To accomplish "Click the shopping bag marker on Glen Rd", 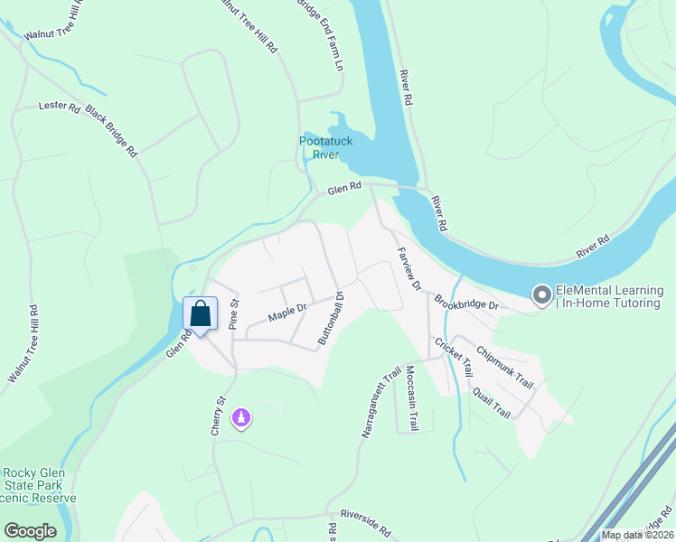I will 201,314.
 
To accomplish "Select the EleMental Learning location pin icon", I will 542,295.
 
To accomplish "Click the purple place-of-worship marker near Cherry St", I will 241,417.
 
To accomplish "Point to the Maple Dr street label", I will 288,313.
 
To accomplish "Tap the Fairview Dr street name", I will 408,269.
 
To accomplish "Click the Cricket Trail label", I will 454,357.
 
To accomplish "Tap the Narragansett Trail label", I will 380,401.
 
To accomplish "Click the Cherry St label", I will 217,416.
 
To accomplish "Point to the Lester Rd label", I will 60,106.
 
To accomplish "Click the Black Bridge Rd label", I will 111,132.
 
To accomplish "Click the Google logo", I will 30,531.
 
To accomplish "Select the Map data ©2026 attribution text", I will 635,535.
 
